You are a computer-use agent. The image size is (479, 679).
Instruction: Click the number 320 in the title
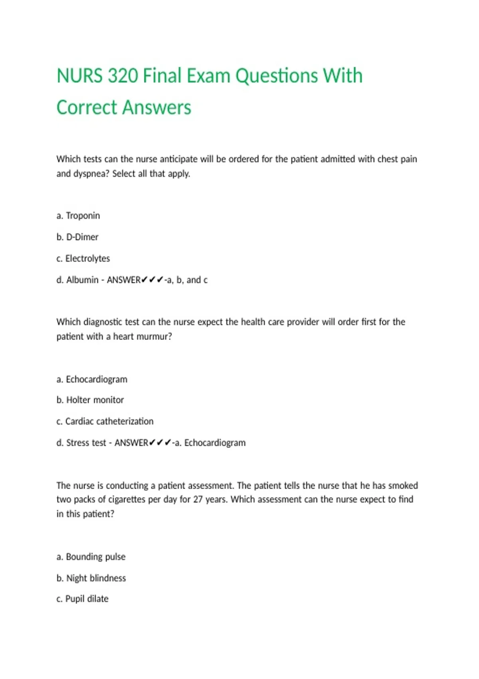pos(123,76)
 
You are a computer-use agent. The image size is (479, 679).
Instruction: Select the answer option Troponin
pos(83,216)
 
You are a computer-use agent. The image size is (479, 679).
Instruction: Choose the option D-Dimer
pos(82,237)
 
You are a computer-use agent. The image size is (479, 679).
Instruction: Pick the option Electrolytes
pos(87,259)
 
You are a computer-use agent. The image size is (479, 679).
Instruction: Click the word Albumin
pos(82,280)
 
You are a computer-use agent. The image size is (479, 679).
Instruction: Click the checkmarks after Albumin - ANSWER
pos(152,280)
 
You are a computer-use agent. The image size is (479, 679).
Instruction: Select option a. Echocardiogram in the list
pos(96,379)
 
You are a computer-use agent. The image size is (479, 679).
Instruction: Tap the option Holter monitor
pos(95,400)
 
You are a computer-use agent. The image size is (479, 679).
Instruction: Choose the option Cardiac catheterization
pos(109,421)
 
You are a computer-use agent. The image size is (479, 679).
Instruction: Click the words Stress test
pos(86,443)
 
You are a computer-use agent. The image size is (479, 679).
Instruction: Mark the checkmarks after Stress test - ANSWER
pos(160,443)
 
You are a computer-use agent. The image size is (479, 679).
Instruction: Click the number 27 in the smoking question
pos(198,500)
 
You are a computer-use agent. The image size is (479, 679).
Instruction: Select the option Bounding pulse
pos(95,557)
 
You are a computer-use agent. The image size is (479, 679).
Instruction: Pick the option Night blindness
pos(96,578)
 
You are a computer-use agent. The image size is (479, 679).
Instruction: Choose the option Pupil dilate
pos(87,599)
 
